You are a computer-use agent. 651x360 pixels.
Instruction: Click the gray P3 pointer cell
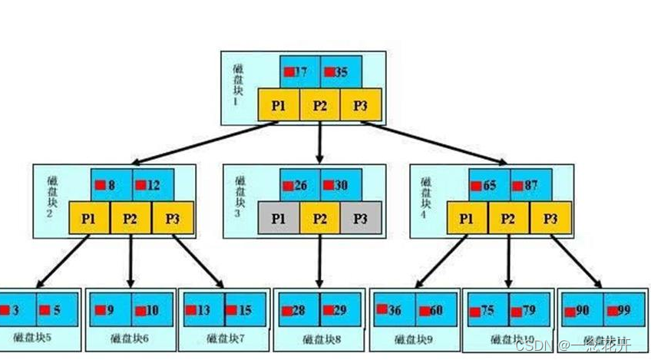point(360,218)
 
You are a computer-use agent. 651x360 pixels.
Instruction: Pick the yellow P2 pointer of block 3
point(320,218)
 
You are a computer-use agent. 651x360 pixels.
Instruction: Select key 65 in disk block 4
point(489,185)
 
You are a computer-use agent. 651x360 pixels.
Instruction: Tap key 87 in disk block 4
point(530,185)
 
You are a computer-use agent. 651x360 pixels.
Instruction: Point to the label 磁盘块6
point(131,339)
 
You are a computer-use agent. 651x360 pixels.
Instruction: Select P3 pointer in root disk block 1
point(360,105)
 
